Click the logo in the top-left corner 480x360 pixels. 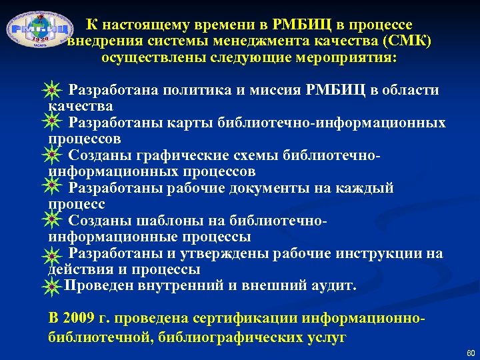pos(39,31)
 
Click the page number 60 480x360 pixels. pos(471,352)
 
